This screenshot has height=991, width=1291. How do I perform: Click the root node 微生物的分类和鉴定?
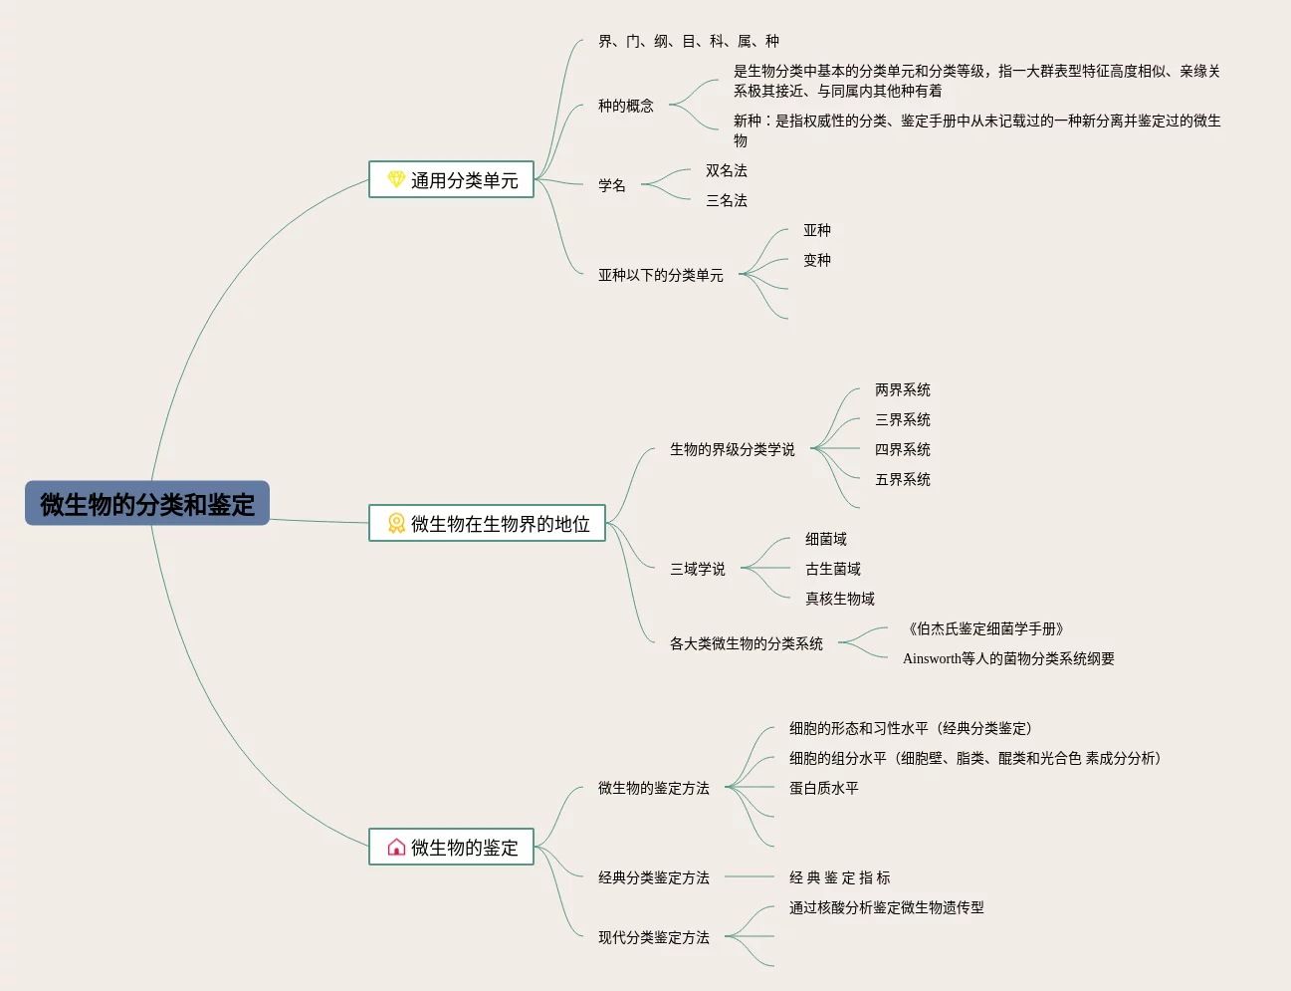[x=147, y=504]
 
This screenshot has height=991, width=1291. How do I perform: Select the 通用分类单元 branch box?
[x=451, y=179]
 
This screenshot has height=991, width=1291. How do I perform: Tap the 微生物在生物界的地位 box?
[x=487, y=523]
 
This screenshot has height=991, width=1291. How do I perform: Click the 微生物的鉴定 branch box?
[x=451, y=847]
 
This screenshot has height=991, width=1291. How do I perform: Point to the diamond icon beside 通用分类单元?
[x=395, y=179]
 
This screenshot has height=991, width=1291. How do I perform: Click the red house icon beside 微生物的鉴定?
[x=395, y=847]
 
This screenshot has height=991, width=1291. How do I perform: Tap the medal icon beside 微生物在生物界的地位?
[x=395, y=523]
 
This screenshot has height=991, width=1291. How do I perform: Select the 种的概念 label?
[x=625, y=106]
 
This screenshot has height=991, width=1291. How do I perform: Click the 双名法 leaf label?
[x=726, y=170]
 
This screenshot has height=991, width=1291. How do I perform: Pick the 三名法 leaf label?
[x=726, y=200]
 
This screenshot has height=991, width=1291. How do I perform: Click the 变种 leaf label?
[x=816, y=260]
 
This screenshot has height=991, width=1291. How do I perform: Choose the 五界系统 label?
[x=902, y=479]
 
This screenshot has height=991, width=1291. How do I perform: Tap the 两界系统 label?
[x=902, y=389]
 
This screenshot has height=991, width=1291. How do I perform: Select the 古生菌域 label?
[x=832, y=569]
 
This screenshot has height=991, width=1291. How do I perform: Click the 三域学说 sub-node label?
[x=697, y=569]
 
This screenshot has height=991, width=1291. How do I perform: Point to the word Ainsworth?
[x=932, y=658]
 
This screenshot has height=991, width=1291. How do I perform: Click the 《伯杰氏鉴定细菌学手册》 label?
[x=985, y=628]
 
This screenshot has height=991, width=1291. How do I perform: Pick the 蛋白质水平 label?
[x=823, y=788]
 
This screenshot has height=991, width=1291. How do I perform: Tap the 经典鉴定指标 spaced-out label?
[x=839, y=877]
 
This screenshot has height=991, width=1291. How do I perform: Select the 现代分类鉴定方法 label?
[x=653, y=937]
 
